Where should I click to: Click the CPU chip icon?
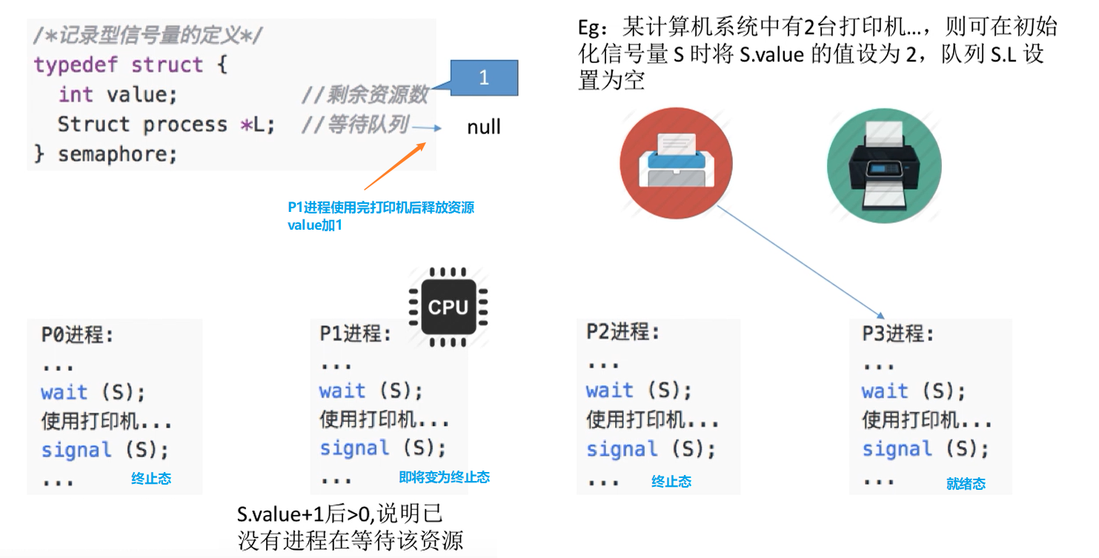coord(448,308)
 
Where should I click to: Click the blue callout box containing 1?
coord(483,78)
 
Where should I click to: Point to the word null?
coord(484,127)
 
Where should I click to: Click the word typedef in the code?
coord(76,64)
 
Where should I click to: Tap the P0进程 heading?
coord(77,335)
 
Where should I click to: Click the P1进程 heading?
coord(355,334)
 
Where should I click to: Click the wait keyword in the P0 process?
coord(64,392)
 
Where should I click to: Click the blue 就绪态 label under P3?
coord(966,484)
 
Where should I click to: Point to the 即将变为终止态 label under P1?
coord(444,477)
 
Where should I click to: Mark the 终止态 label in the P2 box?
coord(671,482)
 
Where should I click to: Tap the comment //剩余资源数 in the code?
coord(365,95)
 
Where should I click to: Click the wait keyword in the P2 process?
coord(609,391)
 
